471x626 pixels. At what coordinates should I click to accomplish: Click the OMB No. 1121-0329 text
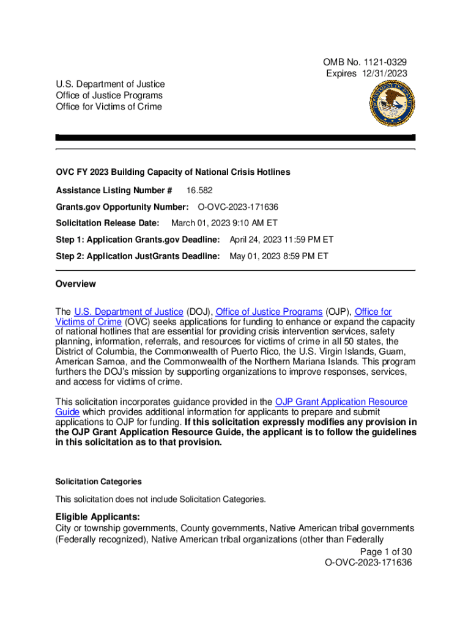click(365, 62)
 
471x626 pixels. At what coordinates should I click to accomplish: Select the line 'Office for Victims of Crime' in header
click(109, 106)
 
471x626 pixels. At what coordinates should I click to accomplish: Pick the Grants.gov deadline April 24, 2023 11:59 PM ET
click(281, 240)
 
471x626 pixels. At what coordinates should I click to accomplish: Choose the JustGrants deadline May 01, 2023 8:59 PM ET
click(278, 256)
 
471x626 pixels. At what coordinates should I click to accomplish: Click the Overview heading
click(75, 284)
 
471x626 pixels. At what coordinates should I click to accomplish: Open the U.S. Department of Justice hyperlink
click(128, 312)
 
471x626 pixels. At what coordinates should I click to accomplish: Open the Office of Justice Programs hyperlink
click(269, 312)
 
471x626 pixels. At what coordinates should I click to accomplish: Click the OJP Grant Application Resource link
click(341, 402)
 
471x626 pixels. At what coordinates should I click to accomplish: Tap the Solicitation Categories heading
click(98, 482)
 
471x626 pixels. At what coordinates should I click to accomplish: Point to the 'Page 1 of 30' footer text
click(386, 551)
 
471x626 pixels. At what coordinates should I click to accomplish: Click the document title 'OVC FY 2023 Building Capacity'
click(172, 172)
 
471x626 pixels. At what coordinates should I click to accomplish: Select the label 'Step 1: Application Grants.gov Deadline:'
click(138, 240)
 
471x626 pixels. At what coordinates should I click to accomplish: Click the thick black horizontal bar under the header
click(236, 138)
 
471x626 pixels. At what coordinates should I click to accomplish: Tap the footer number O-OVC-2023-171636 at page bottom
click(368, 562)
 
